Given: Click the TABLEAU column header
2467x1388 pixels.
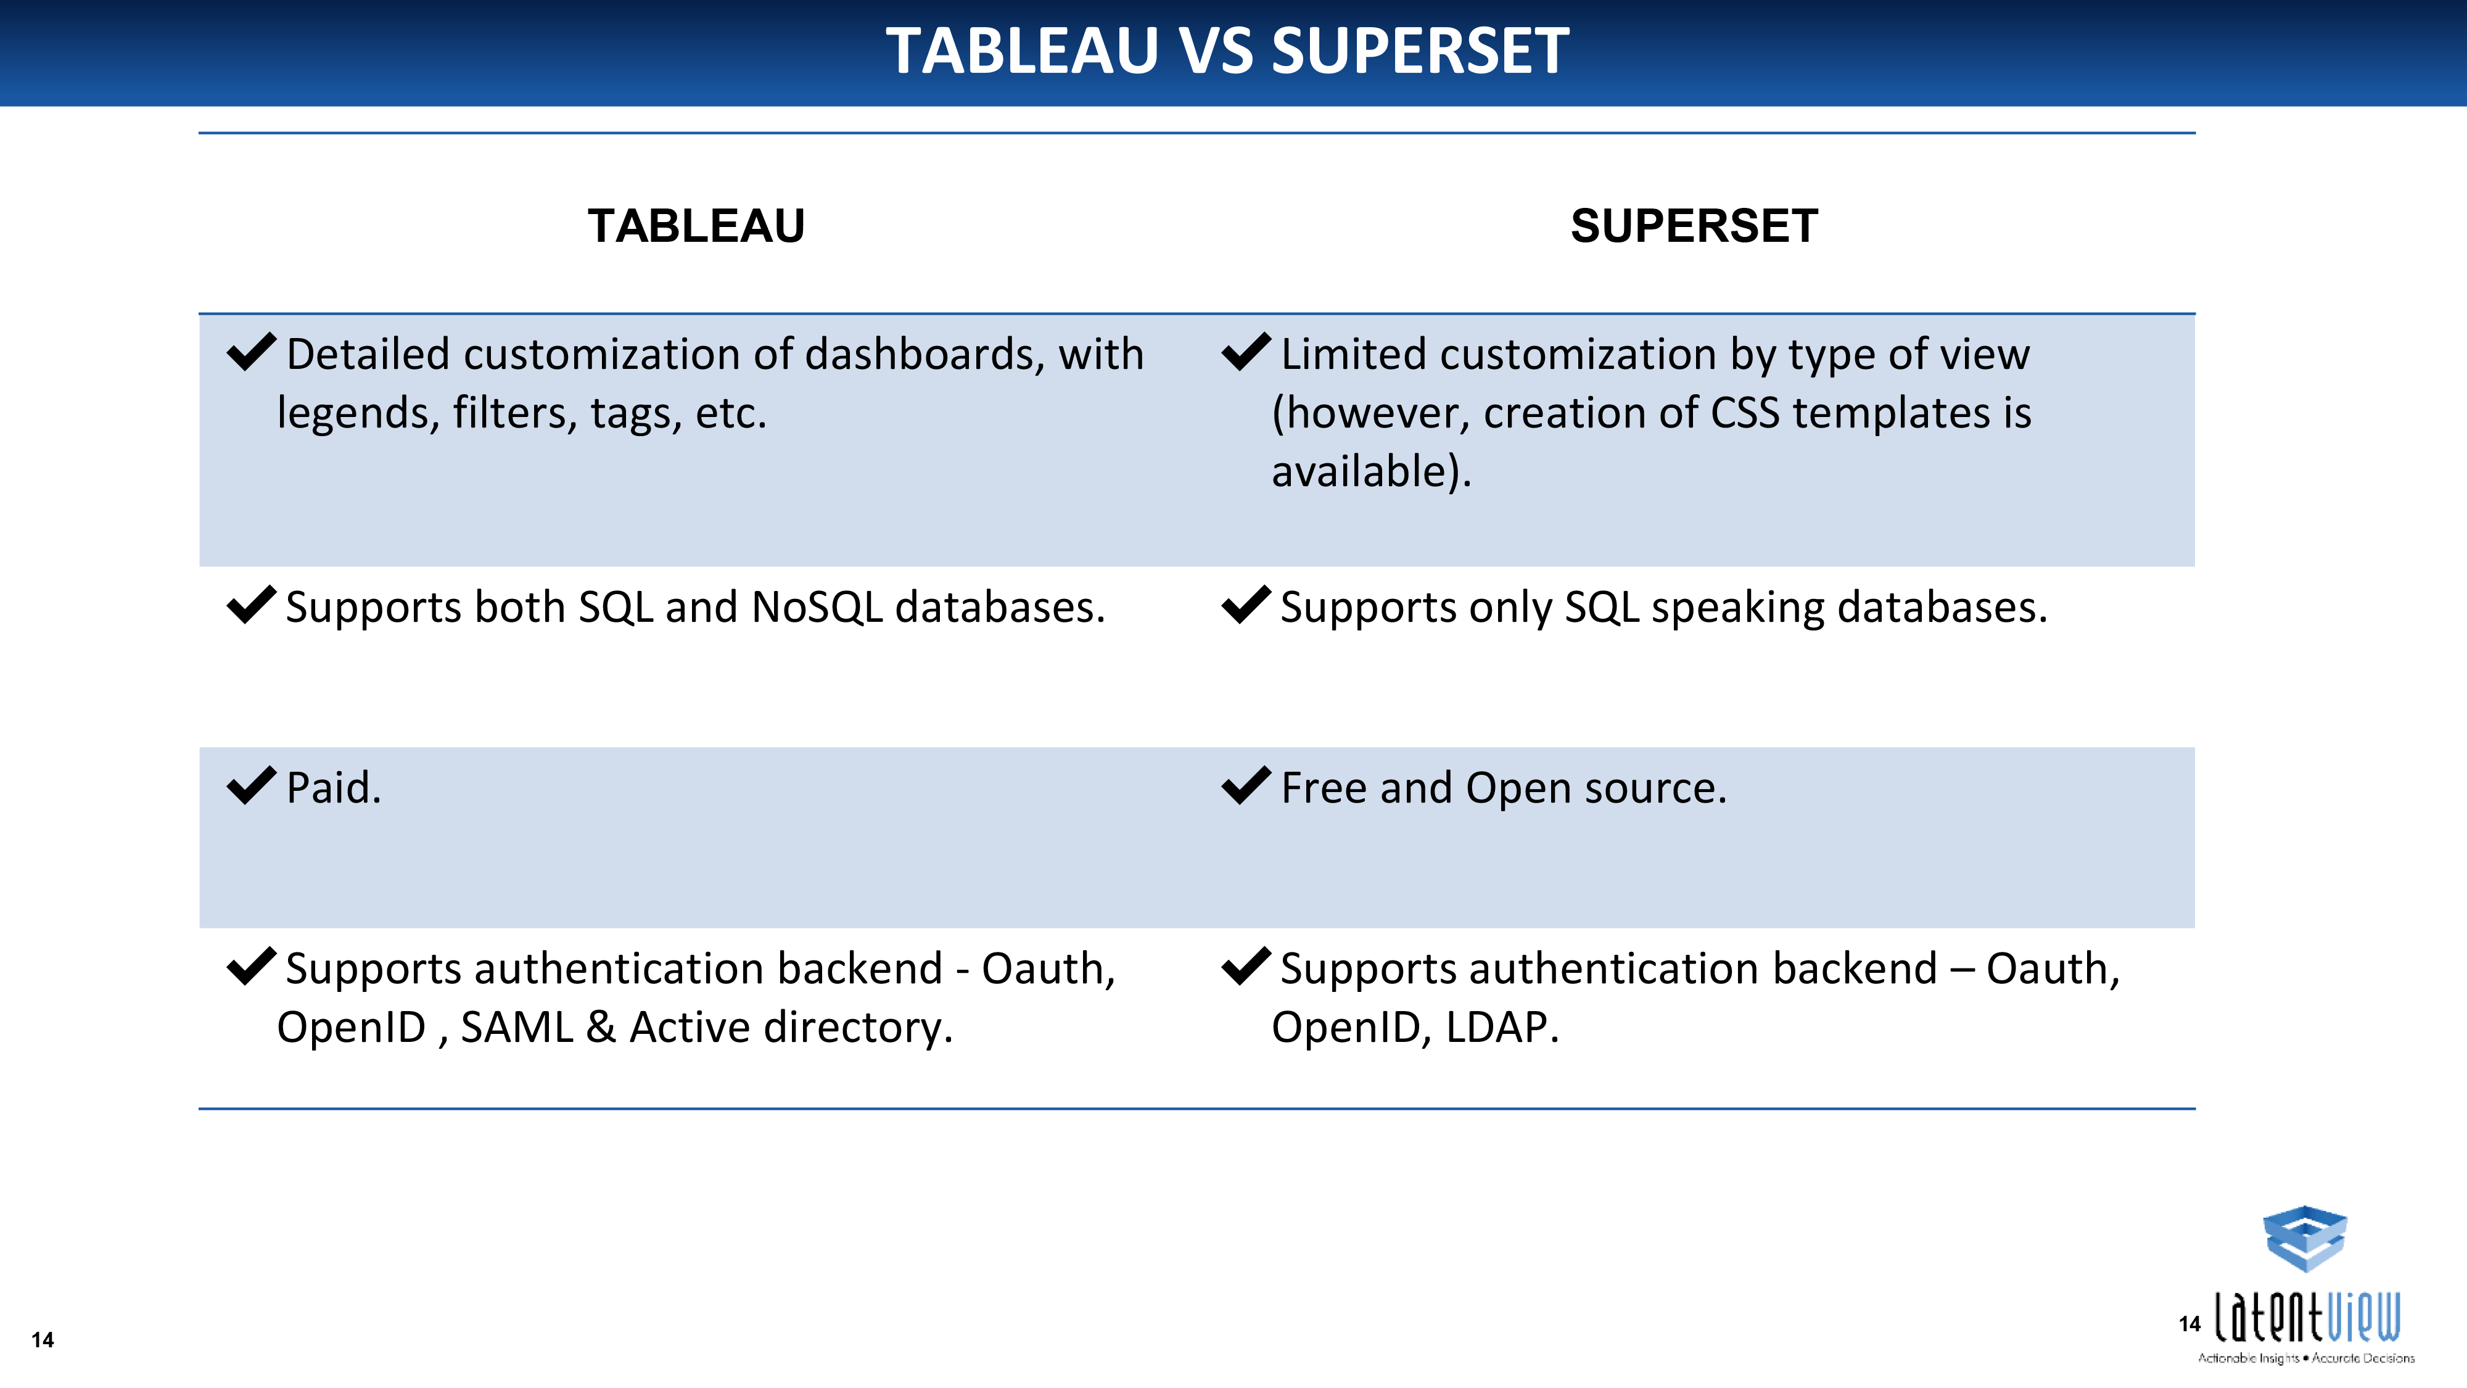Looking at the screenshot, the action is pos(696,226).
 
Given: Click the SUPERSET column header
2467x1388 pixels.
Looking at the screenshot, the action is pos(1694,226).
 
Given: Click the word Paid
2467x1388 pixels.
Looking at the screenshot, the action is pos(333,788).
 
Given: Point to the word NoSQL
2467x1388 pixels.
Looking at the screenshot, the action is pos(817,607).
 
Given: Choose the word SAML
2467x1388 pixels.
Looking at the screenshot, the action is pos(517,1028).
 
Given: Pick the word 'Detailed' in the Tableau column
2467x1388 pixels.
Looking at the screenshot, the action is pos(368,355).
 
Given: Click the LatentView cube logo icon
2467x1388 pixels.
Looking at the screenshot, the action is pos(2304,1239).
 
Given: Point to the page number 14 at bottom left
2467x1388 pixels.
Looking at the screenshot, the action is pos(42,1340).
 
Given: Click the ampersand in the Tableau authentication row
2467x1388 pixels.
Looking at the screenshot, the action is pos(601,1028).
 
